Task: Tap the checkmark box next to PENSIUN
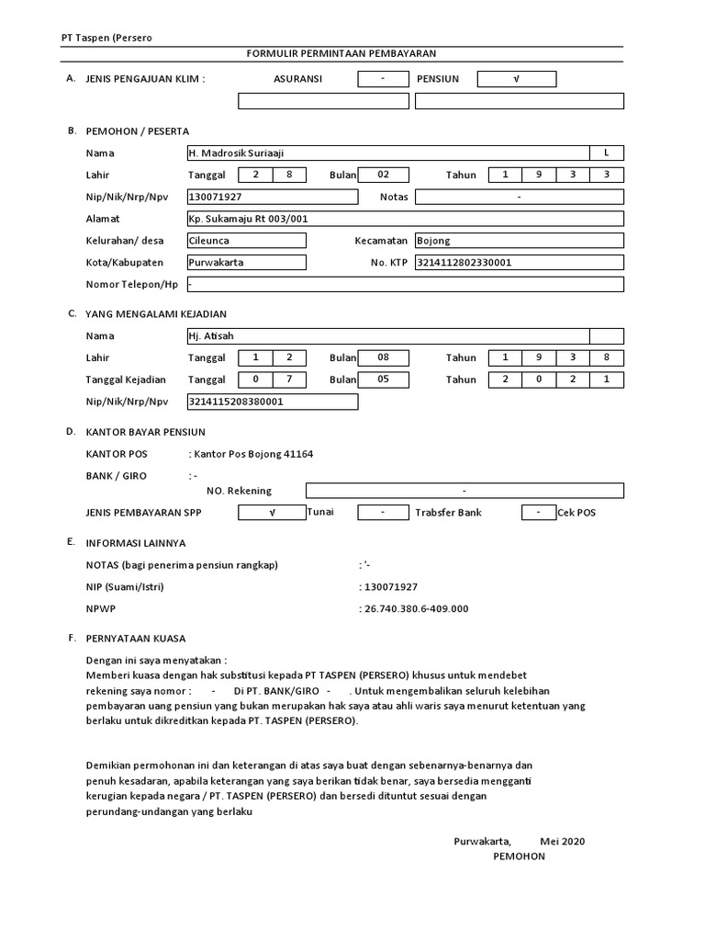[516, 79]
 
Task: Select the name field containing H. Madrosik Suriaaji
[386, 153]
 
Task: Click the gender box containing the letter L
[606, 153]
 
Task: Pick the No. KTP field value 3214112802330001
[519, 263]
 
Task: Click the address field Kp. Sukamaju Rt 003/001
[404, 219]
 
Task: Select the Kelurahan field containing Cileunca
[246, 241]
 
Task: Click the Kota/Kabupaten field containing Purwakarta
[246, 263]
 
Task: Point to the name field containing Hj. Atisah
[386, 336]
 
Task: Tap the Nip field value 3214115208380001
[272, 402]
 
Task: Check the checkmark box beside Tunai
[272, 513]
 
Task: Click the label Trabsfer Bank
[448, 513]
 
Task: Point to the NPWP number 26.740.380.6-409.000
[417, 608]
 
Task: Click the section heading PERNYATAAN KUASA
[135, 638]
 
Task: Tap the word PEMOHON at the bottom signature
[519, 856]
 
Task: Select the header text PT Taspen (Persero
[100, 38]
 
